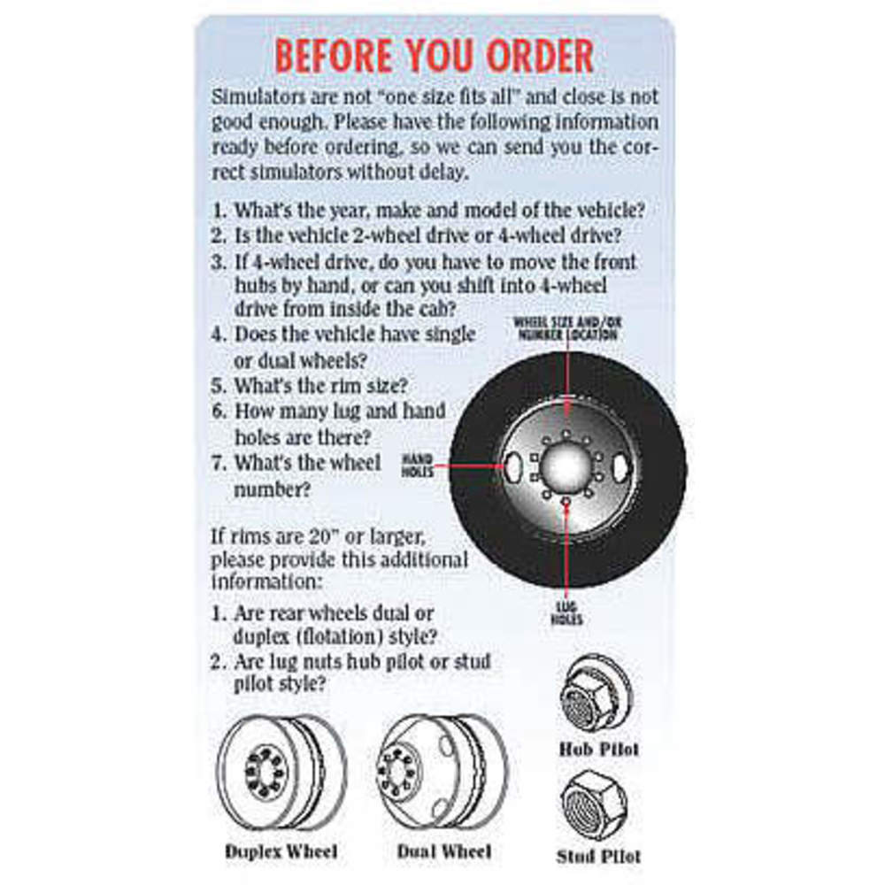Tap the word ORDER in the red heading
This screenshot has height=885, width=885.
pyautogui.click(x=540, y=56)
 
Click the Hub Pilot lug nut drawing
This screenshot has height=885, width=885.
pyautogui.click(x=596, y=694)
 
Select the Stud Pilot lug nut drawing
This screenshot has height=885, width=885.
pyautogui.click(x=595, y=805)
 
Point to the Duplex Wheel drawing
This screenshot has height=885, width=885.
pyautogui.click(x=281, y=772)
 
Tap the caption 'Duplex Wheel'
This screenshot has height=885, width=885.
pyautogui.click(x=281, y=851)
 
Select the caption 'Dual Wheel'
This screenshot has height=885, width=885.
pyautogui.click(x=444, y=851)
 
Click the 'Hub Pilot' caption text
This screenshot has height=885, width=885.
pyautogui.click(x=599, y=750)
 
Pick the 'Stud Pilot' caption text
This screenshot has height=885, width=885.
pyautogui.click(x=598, y=856)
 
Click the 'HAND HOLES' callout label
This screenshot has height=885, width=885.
pyautogui.click(x=417, y=466)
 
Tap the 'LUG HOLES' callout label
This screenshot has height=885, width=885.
pyautogui.click(x=566, y=613)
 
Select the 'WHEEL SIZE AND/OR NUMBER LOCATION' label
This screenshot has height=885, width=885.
pyautogui.click(x=567, y=329)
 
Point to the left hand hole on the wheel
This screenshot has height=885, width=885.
pyautogui.click(x=512, y=466)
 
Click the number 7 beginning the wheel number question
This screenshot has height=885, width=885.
pyautogui.click(x=218, y=464)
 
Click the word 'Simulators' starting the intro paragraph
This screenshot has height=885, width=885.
pyautogui.click(x=258, y=97)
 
